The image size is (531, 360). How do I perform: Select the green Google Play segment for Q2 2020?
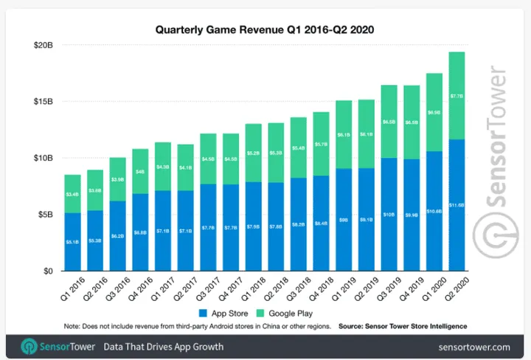pyautogui.click(x=457, y=95)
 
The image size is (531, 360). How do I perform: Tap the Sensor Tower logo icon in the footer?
pyautogui.click(x=29, y=345)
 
